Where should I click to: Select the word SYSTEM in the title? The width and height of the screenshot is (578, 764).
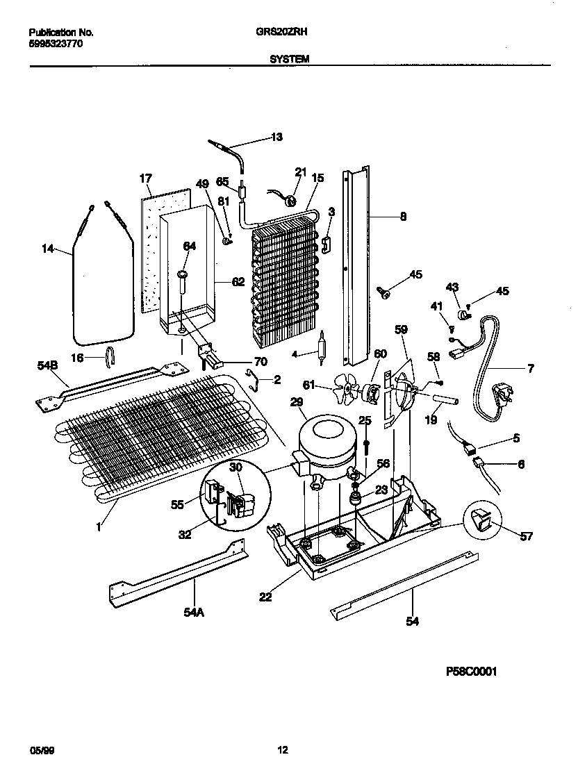289,60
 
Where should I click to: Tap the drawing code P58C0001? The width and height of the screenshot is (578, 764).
471,672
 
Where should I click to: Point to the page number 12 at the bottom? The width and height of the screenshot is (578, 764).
283,749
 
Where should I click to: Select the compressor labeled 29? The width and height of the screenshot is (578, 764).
324,445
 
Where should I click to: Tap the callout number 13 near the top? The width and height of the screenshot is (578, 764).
276,138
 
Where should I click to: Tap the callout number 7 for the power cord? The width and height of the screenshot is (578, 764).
530,369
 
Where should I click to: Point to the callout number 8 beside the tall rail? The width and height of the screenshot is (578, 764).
403,217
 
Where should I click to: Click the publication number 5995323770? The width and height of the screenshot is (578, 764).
57,43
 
